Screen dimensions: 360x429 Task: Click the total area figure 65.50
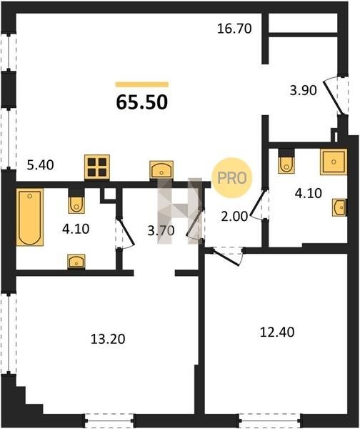point(142,102)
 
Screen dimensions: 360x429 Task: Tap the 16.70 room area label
point(234,29)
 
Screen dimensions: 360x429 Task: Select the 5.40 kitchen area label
point(41,165)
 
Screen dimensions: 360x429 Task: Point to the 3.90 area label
point(303,90)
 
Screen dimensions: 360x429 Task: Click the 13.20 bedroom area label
point(108,339)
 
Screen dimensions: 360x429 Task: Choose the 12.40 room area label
point(277,332)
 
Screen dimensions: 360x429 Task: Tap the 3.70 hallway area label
point(161,231)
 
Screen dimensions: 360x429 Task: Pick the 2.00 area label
point(234,217)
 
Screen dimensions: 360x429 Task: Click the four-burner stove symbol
point(97,167)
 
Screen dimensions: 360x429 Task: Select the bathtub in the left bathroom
point(30,217)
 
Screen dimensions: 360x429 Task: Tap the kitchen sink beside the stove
point(161,170)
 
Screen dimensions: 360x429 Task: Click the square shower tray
point(334,162)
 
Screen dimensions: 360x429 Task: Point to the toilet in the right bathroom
point(286,162)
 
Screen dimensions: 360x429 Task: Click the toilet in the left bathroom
point(76,201)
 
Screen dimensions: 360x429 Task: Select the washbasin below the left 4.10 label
point(76,262)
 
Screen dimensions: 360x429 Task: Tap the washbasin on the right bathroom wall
point(339,207)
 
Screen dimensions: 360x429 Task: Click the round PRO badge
point(232,178)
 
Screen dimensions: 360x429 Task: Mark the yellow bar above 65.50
point(142,84)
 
